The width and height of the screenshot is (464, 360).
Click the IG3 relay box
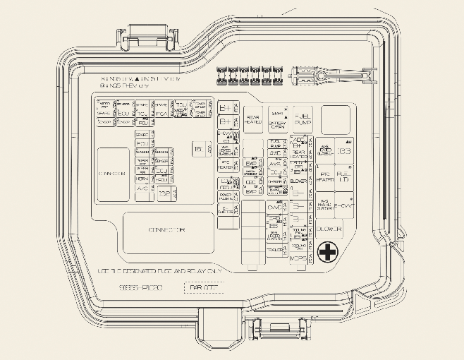pyautogui.click(x=343, y=150)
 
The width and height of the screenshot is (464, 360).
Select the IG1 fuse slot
pyautogui.click(x=198, y=148)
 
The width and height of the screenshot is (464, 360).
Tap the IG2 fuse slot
pyautogui.click(x=164, y=193)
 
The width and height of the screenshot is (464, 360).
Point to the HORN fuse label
pyautogui.click(x=142, y=179)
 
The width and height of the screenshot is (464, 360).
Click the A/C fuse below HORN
pyautogui.click(x=142, y=188)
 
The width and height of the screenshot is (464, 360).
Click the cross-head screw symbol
pyautogui.click(x=327, y=252)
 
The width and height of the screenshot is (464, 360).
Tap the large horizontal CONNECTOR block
pyautogui.click(x=168, y=231)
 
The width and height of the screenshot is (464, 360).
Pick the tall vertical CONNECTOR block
pyautogui.click(x=113, y=173)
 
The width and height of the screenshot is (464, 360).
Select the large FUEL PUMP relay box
pyautogui.click(x=303, y=118)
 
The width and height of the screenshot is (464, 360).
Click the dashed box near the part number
pyautogui.click(x=202, y=287)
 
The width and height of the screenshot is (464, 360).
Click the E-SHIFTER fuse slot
pyautogui.click(x=227, y=210)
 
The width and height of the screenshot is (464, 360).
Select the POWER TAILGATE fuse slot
pyautogui.click(x=227, y=196)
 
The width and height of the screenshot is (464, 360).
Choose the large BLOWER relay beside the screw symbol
pyautogui.click(x=328, y=229)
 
